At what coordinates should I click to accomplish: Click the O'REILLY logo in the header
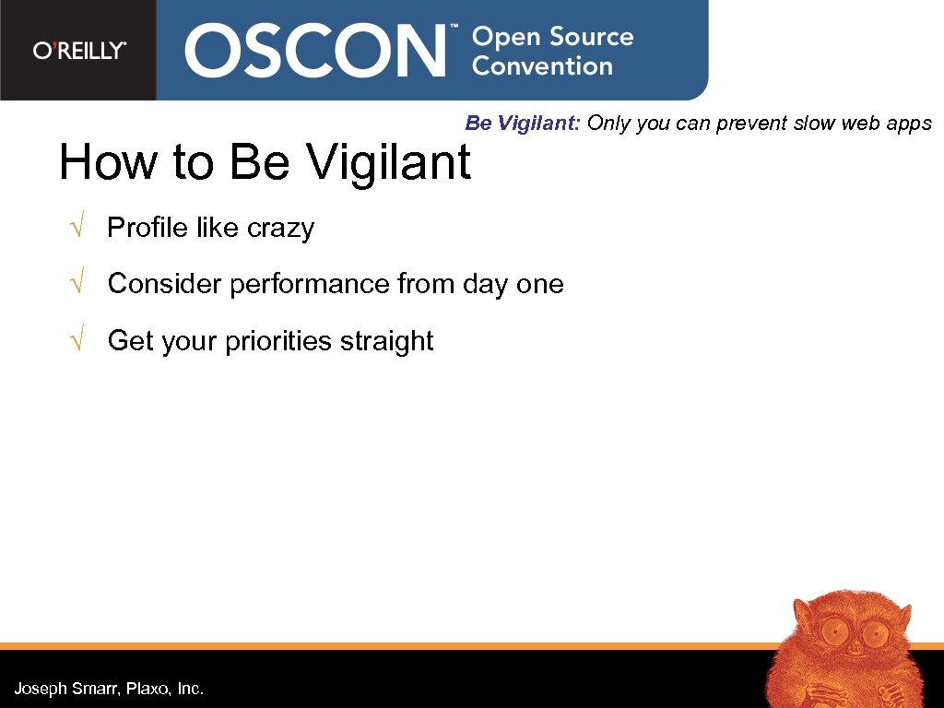point(79,51)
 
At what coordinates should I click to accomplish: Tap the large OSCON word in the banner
point(313,51)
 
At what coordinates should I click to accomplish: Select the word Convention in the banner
point(542,66)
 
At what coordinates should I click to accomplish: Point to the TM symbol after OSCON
point(453,29)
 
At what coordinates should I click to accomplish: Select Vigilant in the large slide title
point(388,162)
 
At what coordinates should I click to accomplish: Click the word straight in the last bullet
point(386,341)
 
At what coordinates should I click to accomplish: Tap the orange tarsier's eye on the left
point(834,632)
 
